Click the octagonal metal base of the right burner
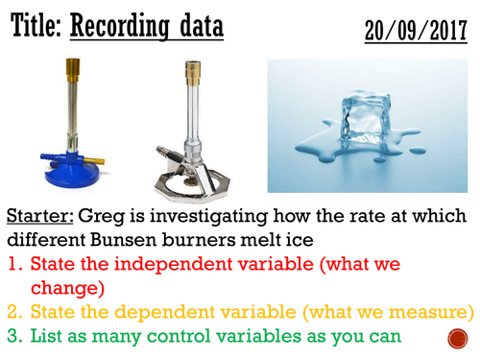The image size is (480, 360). [191, 181]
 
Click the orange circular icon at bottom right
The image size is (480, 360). [459, 340]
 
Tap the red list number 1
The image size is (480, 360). [12, 264]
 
